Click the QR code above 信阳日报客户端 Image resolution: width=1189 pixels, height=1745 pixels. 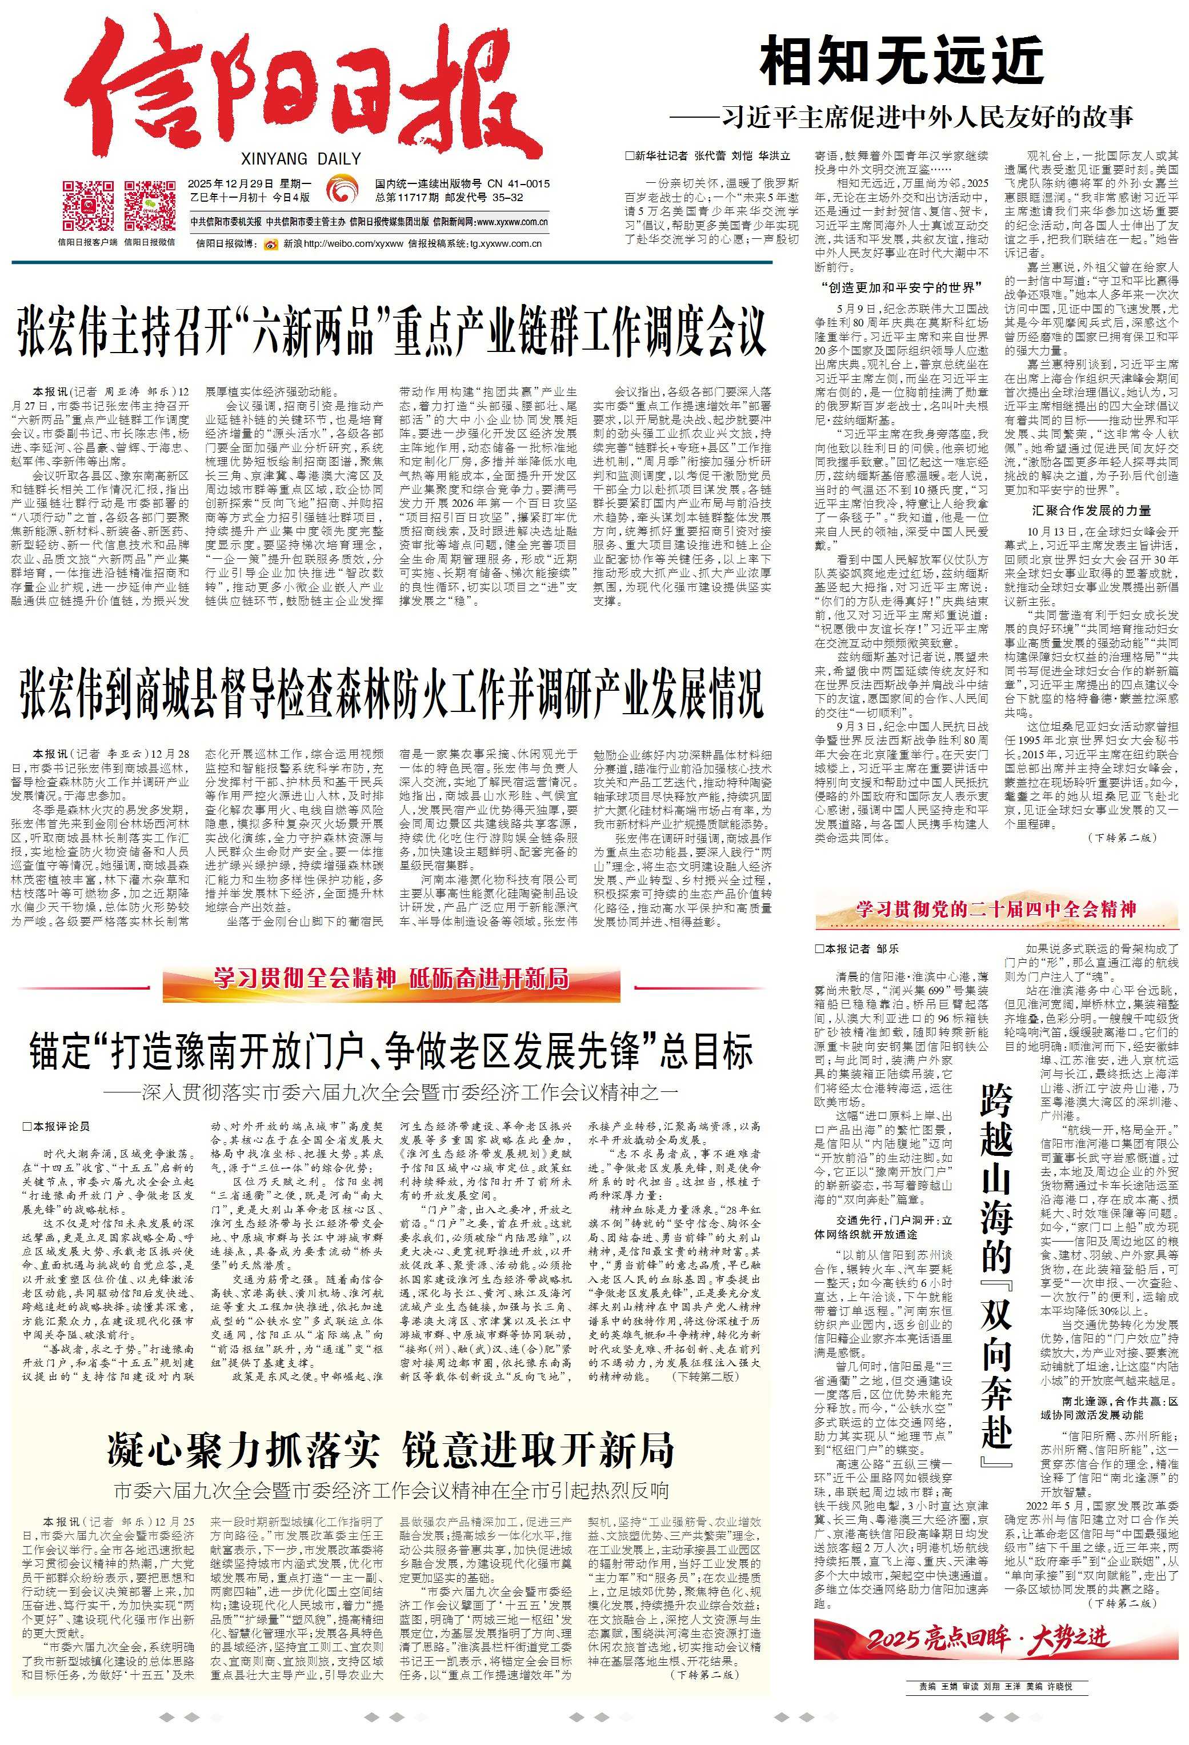click(x=88, y=206)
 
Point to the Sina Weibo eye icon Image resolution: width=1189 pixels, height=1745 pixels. click(x=270, y=244)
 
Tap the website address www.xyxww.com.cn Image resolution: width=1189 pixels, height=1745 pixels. click(x=511, y=222)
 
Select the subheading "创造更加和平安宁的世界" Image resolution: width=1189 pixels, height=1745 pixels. click(x=902, y=287)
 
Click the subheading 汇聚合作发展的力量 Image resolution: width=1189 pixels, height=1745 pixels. click(x=1091, y=511)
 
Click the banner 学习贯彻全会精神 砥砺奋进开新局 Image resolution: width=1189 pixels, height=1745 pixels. click(x=391, y=978)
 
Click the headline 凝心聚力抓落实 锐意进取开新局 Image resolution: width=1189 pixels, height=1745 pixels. click(x=390, y=1449)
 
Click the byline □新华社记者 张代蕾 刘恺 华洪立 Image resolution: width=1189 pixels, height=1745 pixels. click(x=707, y=156)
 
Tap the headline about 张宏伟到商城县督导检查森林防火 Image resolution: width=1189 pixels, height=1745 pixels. click(x=391, y=694)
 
